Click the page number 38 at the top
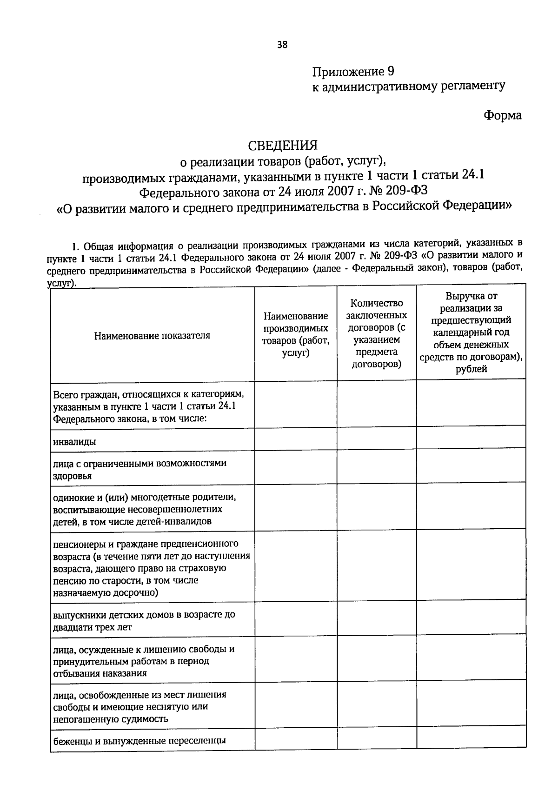[282, 45]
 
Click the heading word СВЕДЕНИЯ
[282, 146]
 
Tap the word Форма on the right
[502, 115]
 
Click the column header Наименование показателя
[152, 335]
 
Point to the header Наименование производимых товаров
[296, 334]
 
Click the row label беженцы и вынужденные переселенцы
[139, 740]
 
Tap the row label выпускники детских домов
[144, 620]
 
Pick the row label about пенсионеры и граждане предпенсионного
[152, 568]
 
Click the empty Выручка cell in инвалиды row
[471, 438]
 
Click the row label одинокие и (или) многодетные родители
[144, 509]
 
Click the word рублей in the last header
[471, 369]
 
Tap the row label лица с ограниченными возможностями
[139, 469]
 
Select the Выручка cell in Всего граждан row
[471, 404]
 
